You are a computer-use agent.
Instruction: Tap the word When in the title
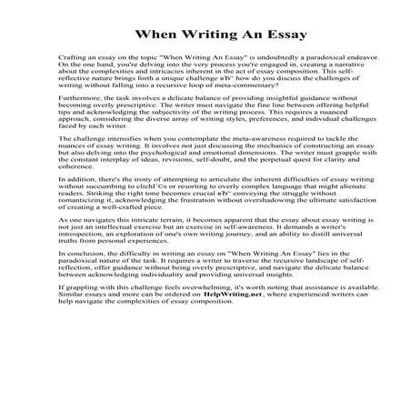[x=155, y=36]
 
